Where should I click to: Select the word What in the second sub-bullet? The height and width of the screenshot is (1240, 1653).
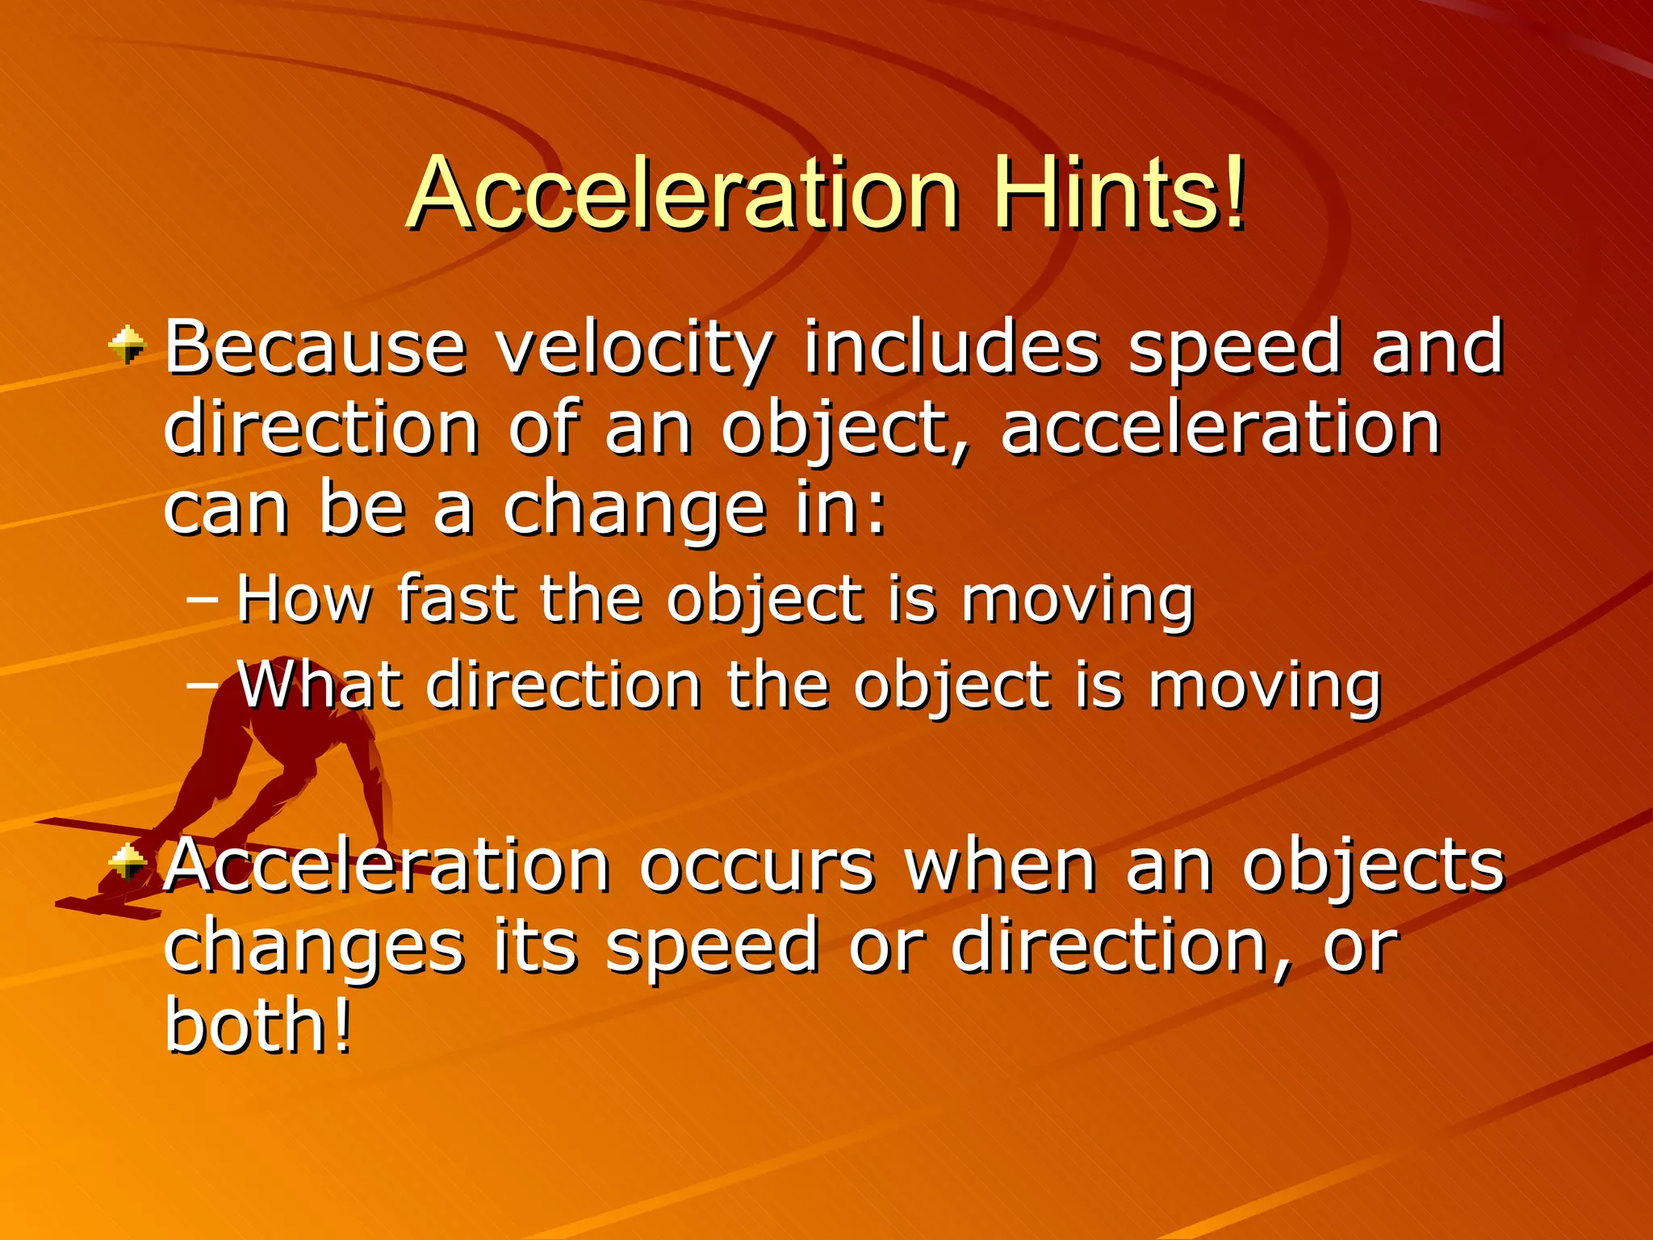click(x=319, y=685)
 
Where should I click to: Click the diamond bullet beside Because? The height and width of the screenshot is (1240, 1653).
click(x=128, y=346)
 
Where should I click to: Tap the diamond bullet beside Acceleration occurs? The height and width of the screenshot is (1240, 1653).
click(x=128, y=862)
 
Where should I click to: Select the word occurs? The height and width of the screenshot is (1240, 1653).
click(x=757, y=865)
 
